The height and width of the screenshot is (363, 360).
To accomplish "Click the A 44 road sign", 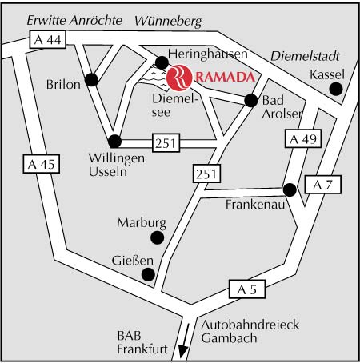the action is [48, 40].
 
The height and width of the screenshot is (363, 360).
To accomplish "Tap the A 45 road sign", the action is [42, 164].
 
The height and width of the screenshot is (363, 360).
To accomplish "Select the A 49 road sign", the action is [303, 138].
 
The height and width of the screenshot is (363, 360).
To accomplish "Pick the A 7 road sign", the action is [322, 185].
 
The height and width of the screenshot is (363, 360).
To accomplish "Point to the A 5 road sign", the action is [247, 289].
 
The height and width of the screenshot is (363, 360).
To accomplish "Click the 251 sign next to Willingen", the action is [166, 143].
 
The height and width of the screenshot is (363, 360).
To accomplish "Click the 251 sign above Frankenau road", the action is [206, 174].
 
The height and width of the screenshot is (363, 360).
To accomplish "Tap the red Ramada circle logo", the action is [179, 78].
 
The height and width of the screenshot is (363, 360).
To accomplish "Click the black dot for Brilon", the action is [91, 79].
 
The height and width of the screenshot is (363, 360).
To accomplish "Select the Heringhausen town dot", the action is [162, 62].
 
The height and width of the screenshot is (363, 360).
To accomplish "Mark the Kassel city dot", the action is [336, 89].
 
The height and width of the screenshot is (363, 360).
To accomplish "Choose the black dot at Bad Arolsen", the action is [251, 101].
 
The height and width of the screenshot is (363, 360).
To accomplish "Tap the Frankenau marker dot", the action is [290, 190].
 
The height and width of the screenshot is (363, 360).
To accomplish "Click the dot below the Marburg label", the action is [158, 237].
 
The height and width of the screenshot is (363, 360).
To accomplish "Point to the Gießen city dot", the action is [148, 274].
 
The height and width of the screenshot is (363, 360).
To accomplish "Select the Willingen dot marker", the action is [115, 142].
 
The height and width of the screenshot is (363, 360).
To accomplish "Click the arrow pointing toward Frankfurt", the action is [184, 341].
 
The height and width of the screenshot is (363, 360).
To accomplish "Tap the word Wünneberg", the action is [168, 22].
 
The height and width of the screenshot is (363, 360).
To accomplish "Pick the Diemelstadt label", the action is [305, 56].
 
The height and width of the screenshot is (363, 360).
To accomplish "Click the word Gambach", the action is [229, 338].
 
